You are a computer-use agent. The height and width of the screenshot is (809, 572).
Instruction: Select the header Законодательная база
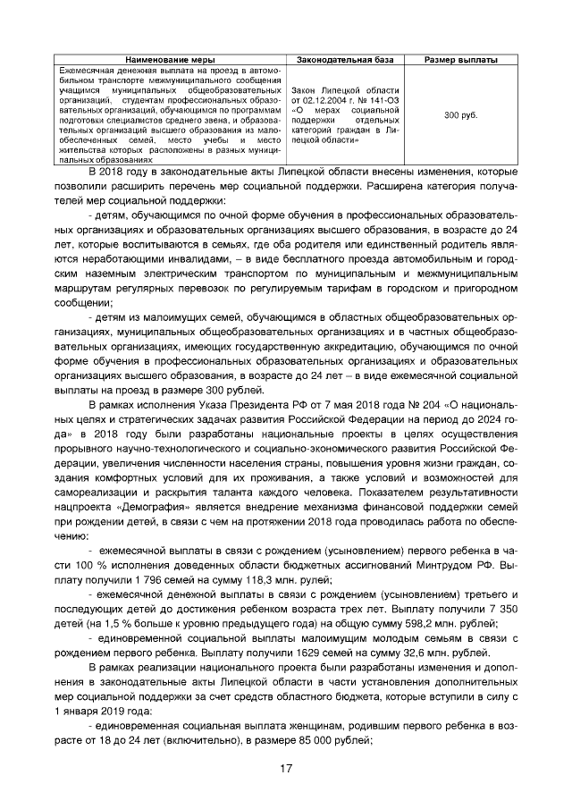(x=344, y=60)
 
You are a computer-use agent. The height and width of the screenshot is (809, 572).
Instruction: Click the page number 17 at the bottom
(x=286, y=768)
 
